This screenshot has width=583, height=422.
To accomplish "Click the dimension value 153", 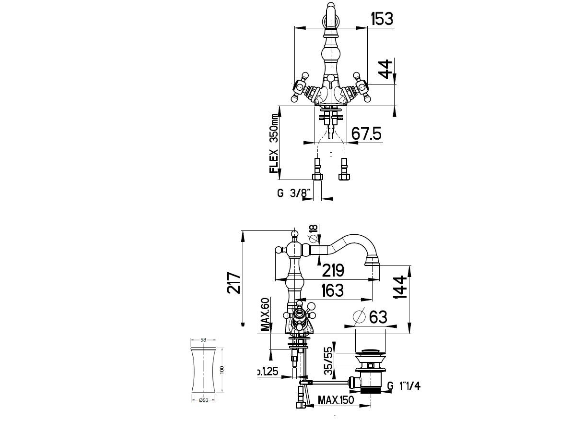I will click(x=382, y=19).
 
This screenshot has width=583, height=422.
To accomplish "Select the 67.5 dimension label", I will click(x=366, y=134).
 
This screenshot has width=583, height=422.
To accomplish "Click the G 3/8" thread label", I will click(x=294, y=193).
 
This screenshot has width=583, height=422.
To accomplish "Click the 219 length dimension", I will click(x=333, y=270).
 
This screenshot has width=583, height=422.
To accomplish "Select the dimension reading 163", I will click(x=332, y=290).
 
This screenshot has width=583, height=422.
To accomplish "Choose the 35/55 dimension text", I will click(x=328, y=361).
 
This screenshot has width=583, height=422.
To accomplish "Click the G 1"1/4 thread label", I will click(x=403, y=386).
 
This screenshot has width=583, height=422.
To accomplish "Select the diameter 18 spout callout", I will click(x=314, y=233).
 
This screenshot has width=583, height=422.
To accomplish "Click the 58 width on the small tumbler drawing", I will click(x=203, y=340).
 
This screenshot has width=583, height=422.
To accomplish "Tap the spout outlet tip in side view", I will click(x=372, y=262).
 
